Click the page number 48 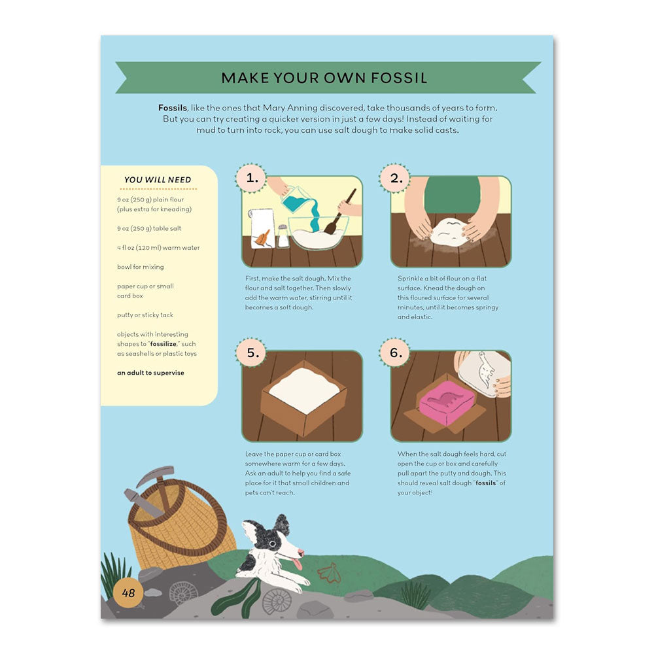pos(128,593)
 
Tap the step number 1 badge pos(251,177)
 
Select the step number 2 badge pos(394,177)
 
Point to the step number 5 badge pos(251,353)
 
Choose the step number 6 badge pos(394,353)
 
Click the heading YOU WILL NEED pos(158,180)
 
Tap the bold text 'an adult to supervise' pos(150,373)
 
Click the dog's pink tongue pos(299,564)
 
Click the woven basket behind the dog pos(183,530)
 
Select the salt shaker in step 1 pos(283,237)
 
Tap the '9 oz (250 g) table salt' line pos(149,228)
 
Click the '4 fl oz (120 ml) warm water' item pos(158,248)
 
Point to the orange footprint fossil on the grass pos(328,573)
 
